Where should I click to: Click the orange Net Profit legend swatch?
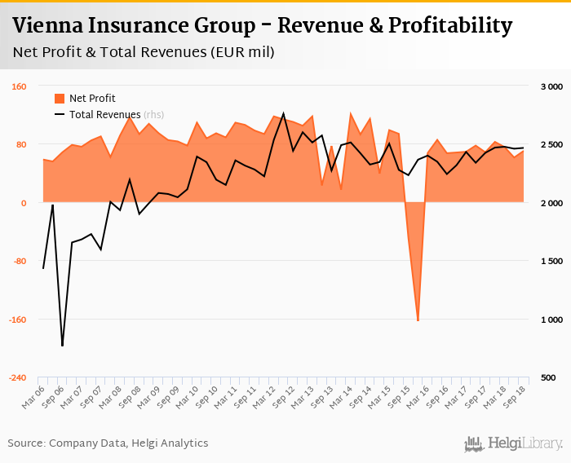(60, 99)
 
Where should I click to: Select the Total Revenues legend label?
(105, 115)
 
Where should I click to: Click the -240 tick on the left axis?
(18, 378)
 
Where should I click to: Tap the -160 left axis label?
(18, 320)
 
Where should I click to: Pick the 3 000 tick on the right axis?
(551, 86)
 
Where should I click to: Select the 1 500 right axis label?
(551, 262)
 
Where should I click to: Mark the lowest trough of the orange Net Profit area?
(418, 320)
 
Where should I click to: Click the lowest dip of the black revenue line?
(62, 346)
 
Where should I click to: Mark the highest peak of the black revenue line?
(283, 113)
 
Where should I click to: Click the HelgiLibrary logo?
(513, 443)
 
